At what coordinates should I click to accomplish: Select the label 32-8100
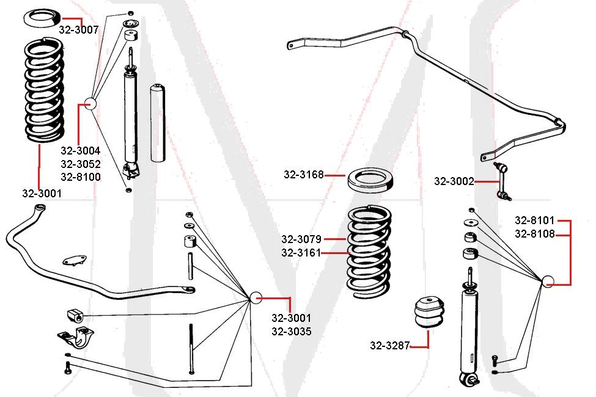[x=81, y=177]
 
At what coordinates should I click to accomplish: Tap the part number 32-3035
[x=292, y=332]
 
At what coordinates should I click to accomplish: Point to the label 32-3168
[x=304, y=175]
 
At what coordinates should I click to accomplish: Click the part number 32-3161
[x=301, y=253]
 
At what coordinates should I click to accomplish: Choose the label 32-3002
[x=454, y=181]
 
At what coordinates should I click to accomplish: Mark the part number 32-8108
[x=534, y=233]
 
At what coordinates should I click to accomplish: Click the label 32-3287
[x=390, y=346]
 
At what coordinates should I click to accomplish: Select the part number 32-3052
[x=81, y=164]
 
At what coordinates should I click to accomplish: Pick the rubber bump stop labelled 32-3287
[x=428, y=311]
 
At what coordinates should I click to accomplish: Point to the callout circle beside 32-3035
[x=257, y=297]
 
